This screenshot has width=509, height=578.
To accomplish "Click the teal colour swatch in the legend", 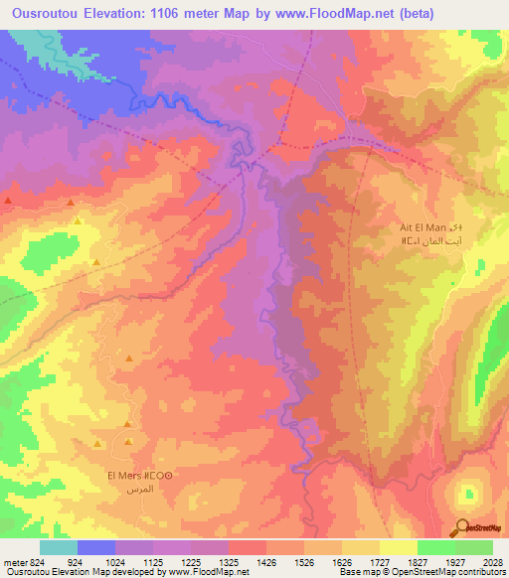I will pyautogui.click(x=59, y=547).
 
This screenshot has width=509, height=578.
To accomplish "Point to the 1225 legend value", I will pyautogui.click(x=206, y=561).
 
